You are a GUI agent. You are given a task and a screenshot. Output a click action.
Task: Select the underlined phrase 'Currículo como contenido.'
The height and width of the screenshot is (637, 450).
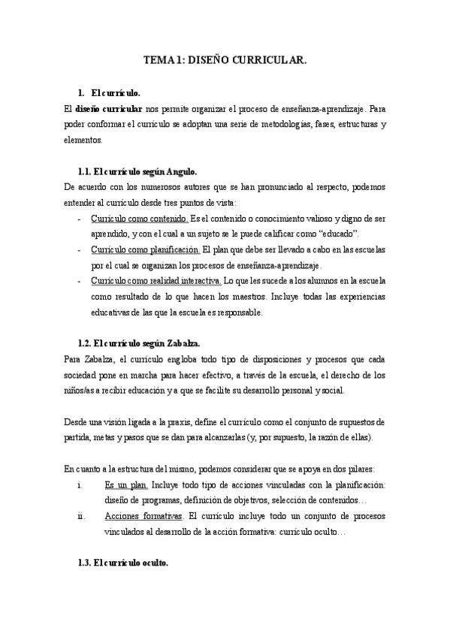(139, 219)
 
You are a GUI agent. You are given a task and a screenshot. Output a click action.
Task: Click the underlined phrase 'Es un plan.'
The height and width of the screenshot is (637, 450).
(126, 485)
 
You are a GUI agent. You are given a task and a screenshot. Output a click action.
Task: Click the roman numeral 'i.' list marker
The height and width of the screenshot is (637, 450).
(80, 485)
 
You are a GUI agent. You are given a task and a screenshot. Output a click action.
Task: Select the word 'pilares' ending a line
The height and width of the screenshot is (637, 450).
(369, 469)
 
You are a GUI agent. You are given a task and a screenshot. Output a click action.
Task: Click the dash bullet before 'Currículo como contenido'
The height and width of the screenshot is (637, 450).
(80, 219)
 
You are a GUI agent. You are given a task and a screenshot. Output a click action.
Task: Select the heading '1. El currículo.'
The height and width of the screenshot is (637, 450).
(109, 93)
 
